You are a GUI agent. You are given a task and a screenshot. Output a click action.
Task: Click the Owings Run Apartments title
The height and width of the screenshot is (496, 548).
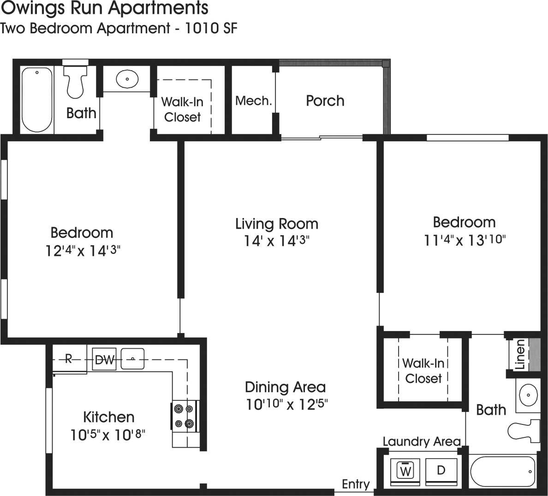[104, 8]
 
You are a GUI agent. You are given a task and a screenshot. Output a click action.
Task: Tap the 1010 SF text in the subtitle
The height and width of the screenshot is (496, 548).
[211, 28]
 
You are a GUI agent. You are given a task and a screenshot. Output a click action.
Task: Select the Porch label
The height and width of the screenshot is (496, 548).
[325, 101]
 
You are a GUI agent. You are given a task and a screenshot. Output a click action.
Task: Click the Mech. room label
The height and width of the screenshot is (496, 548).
[253, 101]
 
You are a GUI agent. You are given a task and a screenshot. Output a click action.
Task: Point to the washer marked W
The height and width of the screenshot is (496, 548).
[405, 471]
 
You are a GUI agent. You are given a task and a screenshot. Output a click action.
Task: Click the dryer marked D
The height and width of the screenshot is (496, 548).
[441, 470]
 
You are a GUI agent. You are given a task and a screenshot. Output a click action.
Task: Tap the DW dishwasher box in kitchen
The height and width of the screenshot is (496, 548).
[105, 360]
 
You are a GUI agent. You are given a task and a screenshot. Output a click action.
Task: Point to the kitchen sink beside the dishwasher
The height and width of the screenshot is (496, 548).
[132, 358]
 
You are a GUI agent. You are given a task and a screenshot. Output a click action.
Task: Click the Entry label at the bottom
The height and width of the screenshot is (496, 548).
[356, 484]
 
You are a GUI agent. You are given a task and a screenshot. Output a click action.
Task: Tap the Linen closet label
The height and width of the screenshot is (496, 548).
[520, 354]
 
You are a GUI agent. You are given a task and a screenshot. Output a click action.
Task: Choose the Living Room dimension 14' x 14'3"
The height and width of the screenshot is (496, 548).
[277, 241]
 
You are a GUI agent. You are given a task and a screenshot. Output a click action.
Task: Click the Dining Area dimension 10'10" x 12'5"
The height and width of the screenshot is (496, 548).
[286, 405]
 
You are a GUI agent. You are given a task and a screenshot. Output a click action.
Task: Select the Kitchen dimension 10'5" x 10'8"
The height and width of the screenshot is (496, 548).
[108, 435]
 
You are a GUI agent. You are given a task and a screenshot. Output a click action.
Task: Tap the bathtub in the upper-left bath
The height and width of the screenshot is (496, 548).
[37, 99]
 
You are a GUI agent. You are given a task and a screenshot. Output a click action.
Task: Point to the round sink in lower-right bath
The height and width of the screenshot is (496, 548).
[527, 395]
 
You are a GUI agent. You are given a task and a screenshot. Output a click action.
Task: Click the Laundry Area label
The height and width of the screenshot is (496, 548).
[421, 442]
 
